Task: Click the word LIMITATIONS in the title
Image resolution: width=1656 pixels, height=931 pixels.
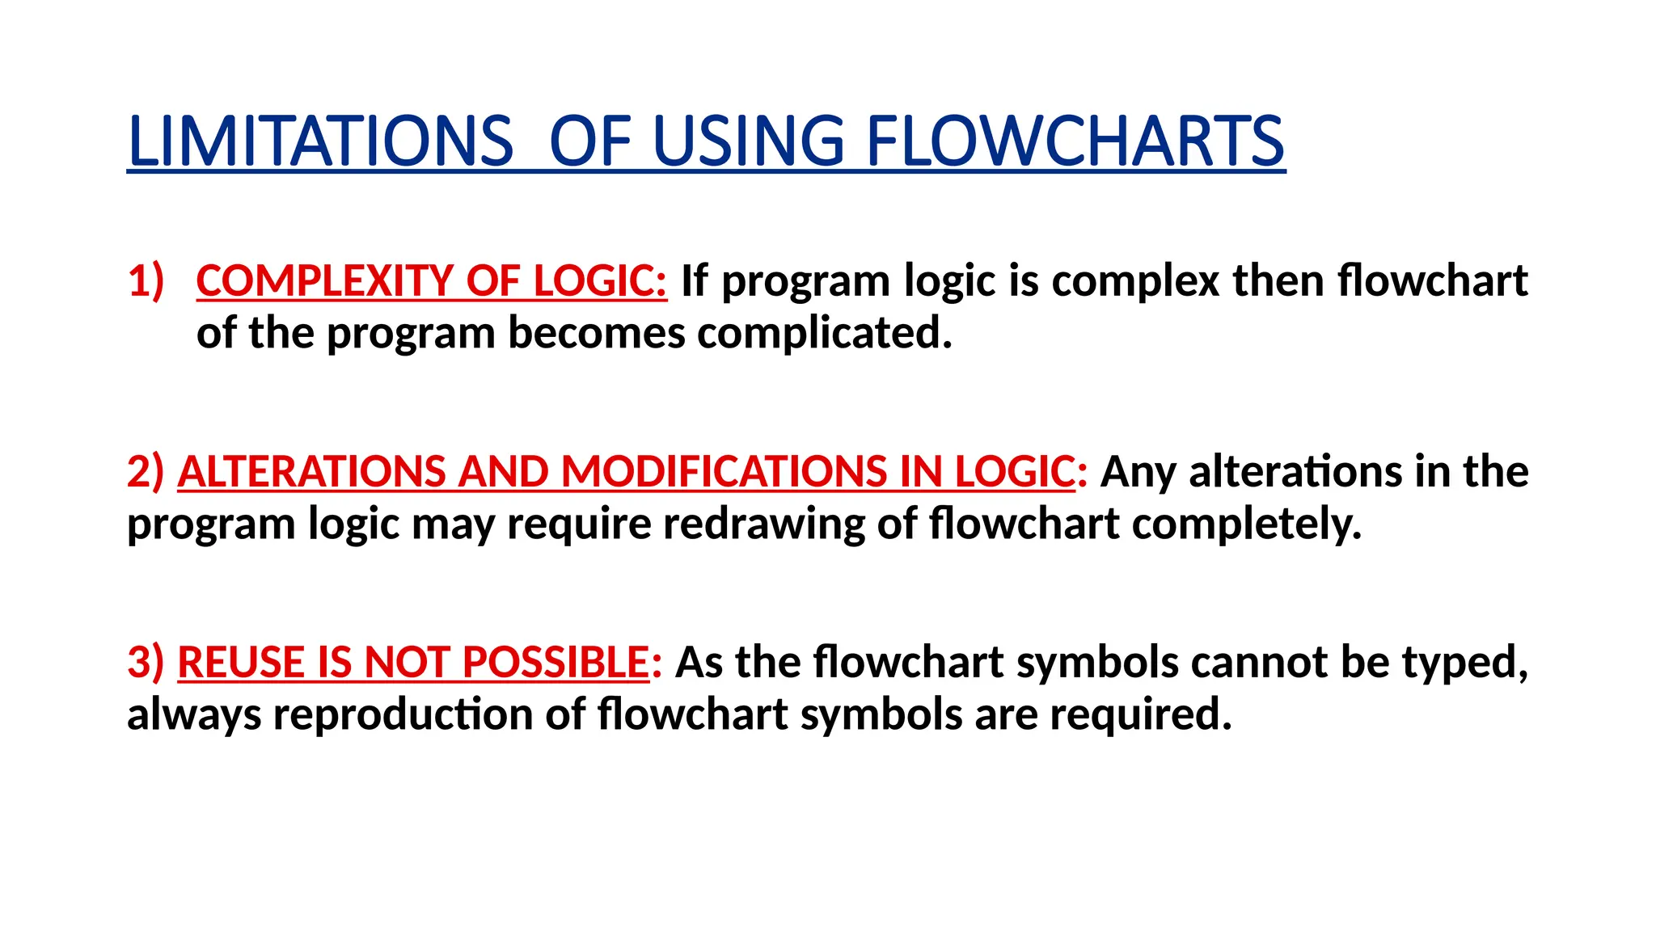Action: point(320,141)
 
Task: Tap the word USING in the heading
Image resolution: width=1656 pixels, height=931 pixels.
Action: point(748,141)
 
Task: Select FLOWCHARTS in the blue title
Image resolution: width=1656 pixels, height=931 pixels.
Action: point(1075,141)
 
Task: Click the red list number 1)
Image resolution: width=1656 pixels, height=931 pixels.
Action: point(146,281)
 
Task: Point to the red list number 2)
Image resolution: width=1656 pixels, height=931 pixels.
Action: point(146,472)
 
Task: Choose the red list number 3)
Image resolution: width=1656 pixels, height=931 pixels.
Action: point(146,663)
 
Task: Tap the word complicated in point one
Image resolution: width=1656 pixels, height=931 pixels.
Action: point(825,333)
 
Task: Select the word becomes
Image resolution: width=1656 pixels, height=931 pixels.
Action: point(597,333)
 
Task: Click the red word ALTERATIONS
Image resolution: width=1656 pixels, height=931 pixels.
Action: point(311,472)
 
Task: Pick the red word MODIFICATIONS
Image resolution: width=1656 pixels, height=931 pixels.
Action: point(724,472)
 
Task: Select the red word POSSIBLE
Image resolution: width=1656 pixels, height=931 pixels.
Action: point(556,663)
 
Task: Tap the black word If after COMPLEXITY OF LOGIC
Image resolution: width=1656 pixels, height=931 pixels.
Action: point(695,281)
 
